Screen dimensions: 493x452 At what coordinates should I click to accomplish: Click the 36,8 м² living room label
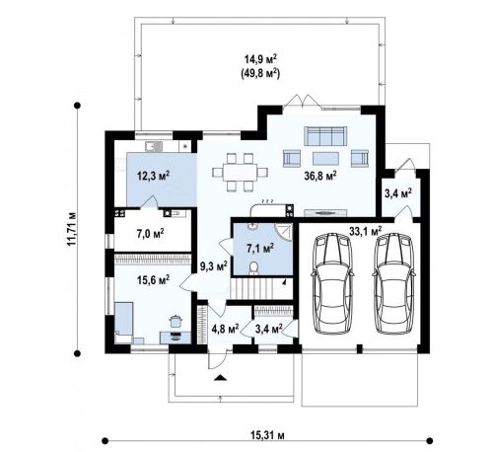point(320,176)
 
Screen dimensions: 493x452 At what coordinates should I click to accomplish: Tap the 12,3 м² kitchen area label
point(153,176)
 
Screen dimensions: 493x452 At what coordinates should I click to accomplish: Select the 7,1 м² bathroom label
point(260,249)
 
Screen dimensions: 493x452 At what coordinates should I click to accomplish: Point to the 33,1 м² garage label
point(366,231)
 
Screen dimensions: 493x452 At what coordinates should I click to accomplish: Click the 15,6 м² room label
point(153,280)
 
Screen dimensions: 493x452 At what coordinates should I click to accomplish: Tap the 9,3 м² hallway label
point(214,265)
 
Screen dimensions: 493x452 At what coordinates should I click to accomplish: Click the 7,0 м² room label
point(151,234)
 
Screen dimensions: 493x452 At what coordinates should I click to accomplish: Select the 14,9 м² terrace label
point(260,59)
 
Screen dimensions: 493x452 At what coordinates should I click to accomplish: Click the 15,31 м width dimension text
point(268,435)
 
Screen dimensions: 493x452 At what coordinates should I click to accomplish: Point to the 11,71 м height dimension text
point(72,229)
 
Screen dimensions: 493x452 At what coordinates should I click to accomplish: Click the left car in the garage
point(332,284)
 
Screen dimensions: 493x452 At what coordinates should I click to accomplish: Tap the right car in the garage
point(393,284)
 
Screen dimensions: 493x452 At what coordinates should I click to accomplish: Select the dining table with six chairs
point(240,172)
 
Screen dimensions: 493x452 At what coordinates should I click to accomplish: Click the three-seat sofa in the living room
point(325,136)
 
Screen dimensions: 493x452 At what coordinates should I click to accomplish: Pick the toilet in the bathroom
point(253,268)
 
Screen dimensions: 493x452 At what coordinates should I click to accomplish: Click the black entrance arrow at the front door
point(221,378)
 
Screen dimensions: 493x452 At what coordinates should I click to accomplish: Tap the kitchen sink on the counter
point(154,146)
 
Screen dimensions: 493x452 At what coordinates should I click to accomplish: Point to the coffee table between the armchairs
point(325,158)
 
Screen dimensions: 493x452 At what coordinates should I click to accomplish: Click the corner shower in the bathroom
point(283,233)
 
